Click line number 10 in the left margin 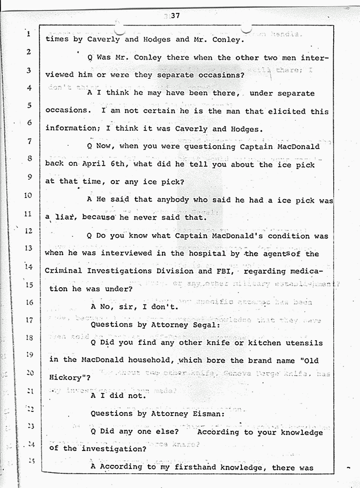pos(28,195)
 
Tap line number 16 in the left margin pos(28,302)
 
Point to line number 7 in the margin pos(29,142)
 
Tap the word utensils pos(304,343)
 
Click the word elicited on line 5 pos(280,111)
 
